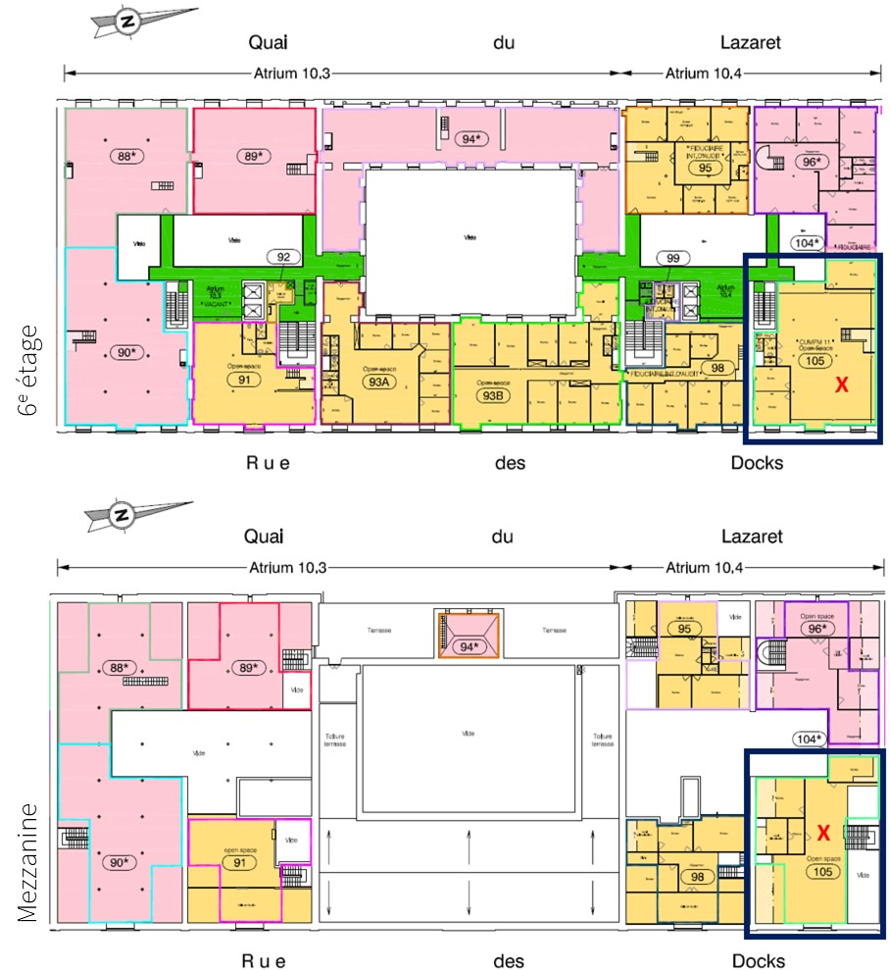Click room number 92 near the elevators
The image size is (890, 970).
click(x=284, y=259)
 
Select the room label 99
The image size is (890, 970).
click(x=672, y=257)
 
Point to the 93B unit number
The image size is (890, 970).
click(x=491, y=395)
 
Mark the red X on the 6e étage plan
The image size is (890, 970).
click(x=841, y=386)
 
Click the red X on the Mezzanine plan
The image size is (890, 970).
click(x=823, y=833)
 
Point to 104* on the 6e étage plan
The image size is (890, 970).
click(x=807, y=242)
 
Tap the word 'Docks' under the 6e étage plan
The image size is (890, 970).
click(x=757, y=462)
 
